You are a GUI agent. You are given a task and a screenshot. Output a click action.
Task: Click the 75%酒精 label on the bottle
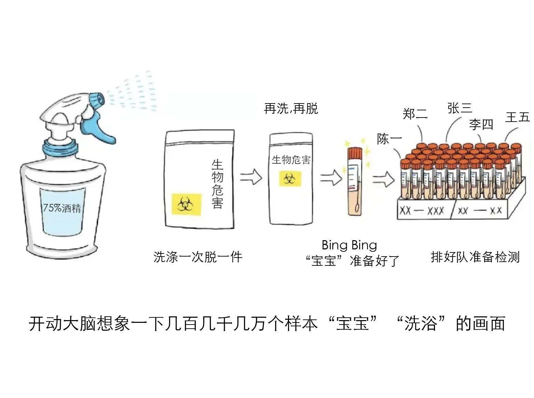point(62,208)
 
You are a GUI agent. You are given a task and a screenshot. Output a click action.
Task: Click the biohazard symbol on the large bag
point(186,205)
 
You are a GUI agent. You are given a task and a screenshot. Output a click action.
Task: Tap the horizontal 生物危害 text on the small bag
point(291,160)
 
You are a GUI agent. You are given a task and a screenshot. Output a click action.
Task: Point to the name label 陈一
point(389,139)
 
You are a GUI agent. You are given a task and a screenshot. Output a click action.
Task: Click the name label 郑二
point(415,114)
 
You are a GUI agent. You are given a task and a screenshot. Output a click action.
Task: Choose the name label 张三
point(460,108)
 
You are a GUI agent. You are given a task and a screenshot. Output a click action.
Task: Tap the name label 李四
point(481,124)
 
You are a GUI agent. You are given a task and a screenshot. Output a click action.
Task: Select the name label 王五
point(517,117)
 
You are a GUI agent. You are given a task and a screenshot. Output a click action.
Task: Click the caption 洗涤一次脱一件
point(198,257)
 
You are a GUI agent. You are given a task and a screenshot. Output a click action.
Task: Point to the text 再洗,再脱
point(291,109)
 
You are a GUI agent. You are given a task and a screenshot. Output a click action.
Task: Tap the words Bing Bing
point(349,245)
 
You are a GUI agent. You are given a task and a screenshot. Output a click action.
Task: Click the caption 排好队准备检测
point(475,257)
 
